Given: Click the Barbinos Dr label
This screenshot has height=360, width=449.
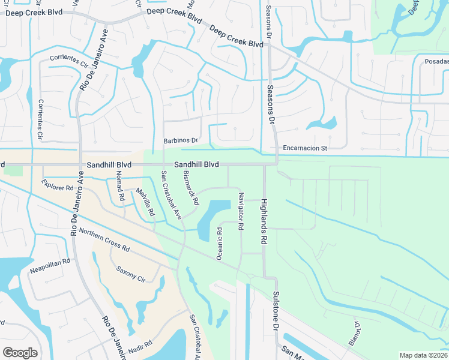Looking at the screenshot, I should point(181,140).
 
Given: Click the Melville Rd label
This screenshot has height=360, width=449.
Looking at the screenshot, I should point(145,203).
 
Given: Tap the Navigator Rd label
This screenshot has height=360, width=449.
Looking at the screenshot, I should point(241,211).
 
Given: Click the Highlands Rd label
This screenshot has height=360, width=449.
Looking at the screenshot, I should point(263,223).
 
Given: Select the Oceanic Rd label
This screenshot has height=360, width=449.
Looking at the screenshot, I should point(220,243).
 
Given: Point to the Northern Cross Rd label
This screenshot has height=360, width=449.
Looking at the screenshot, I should point(104,239).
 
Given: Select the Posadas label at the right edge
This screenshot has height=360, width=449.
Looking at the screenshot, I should point(436,61).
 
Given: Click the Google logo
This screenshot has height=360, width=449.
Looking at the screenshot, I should point(20,353).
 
